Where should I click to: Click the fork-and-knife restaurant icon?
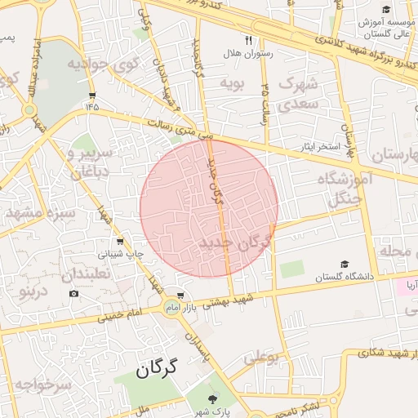[248, 39]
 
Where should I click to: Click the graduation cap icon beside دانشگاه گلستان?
[345, 265]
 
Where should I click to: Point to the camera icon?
[74, 293]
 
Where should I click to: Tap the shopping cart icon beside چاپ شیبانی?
[121, 241]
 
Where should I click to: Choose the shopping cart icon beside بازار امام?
[181, 296]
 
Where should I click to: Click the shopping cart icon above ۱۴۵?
[91, 93]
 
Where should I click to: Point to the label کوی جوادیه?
[100, 62]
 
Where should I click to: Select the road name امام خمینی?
[122, 312]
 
